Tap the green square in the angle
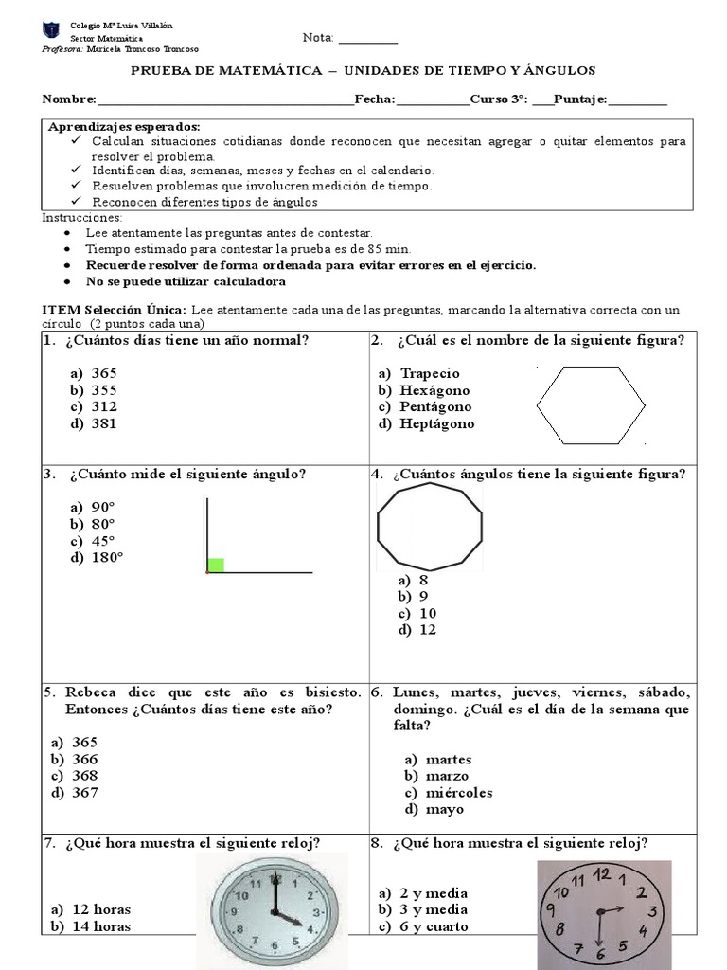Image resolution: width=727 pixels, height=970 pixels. pos(216,566)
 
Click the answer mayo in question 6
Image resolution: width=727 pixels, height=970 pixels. pos(445,810)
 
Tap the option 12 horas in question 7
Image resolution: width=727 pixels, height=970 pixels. pos(101,909)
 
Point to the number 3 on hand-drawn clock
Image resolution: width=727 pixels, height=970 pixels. pos(652,912)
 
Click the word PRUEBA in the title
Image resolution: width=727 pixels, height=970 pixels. pos(163,71)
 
